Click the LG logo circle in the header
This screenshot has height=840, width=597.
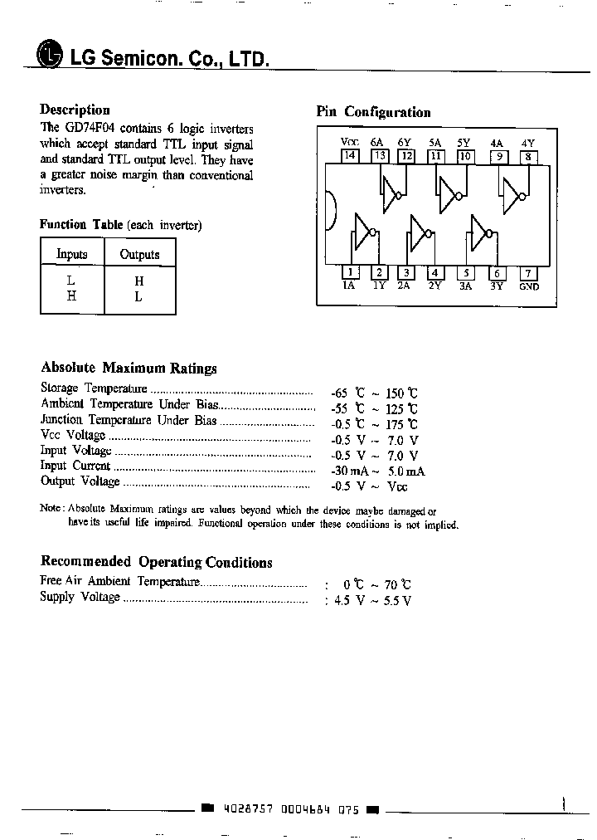click(x=50, y=55)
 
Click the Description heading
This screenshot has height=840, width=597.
click(x=75, y=110)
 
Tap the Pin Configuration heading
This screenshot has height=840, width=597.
click(x=373, y=112)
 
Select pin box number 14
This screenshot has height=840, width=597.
click(x=350, y=155)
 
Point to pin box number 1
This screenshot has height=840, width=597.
click(x=350, y=272)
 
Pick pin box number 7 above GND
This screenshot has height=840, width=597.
click(x=527, y=272)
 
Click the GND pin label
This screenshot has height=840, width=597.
click(x=528, y=286)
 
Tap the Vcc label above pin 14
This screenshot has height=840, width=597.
click(x=349, y=143)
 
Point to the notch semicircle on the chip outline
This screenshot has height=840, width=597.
click(x=330, y=212)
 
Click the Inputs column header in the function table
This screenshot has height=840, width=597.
click(x=72, y=254)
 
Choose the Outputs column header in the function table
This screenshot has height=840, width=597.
click(x=139, y=254)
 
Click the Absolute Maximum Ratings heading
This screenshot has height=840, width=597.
click(x=129, y=368)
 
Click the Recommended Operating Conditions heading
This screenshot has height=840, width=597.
click(x=156, y=562)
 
